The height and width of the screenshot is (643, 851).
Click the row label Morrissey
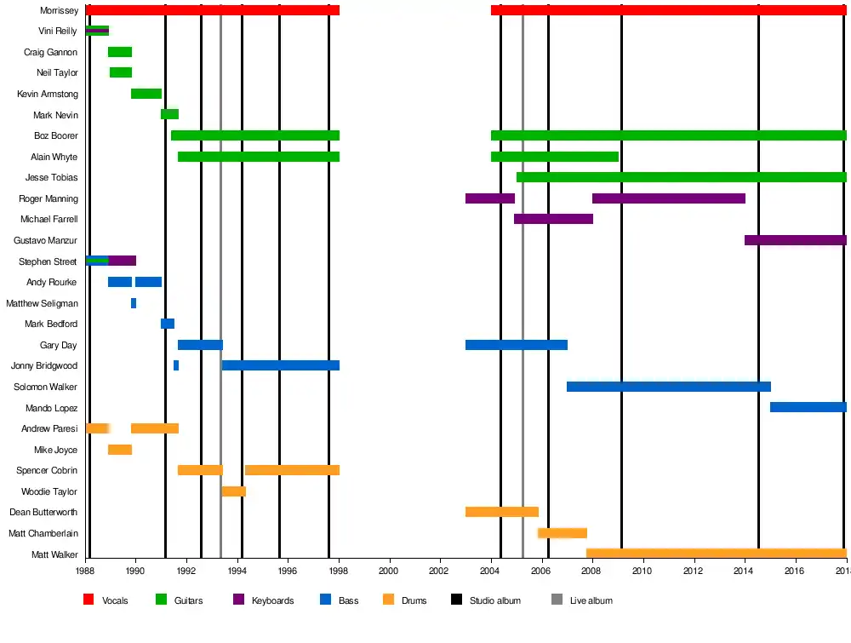[60, 10]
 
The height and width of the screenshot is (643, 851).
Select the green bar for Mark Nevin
[169, 114]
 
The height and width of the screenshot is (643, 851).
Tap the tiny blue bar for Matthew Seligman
[134, 303]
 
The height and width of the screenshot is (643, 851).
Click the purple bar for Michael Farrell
[553, 219]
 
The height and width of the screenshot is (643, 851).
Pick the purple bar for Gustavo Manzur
[795, 240]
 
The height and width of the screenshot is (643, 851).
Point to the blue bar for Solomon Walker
[668, 387]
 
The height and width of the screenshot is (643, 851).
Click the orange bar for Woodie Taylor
[233, 491]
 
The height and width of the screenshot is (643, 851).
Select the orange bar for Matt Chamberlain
[562, 533]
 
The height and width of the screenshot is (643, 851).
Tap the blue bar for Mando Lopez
[808, 407]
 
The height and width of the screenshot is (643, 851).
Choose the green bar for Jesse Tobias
[681, 177]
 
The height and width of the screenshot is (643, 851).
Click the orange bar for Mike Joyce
[120, 450]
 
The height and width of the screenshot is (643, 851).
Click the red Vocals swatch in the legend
[89, 600]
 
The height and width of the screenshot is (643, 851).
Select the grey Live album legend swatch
[557, 600]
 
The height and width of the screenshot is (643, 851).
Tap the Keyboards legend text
[272, 600]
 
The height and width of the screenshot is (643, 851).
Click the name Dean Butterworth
[43, 512]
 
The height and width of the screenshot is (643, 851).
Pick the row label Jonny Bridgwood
[44, 365]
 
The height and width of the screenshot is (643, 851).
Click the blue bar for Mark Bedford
[168, 324]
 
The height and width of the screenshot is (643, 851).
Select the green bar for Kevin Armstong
[146, 94]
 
